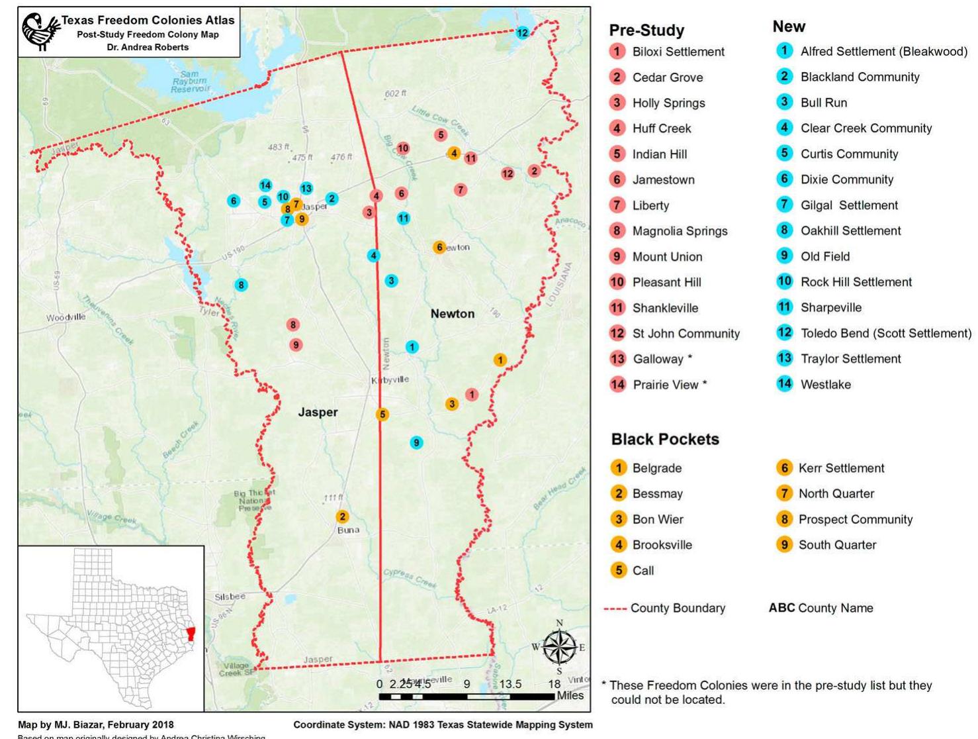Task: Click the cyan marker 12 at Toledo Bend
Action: click(522, 32)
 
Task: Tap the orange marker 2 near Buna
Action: click(342, 517)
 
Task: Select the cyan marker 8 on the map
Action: click(241, 285)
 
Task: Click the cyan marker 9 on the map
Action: click(416, 442)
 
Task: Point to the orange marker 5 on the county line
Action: click(382, 415)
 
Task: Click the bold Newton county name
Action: click(452, 314)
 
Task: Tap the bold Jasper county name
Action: click(318, 412)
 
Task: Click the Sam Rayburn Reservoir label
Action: click(189, 81)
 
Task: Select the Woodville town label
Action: click(66, 317)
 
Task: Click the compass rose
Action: click(559, 646)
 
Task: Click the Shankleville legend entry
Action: click(665, 308)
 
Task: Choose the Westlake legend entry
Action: click(825, 384)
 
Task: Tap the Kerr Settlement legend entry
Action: click(841, 468)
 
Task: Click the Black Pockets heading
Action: click(664, 439)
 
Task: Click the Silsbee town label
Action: click(230, 597)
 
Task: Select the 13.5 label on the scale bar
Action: click(510, 684)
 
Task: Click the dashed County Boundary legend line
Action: click(615, 608)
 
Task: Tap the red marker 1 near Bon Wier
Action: click(471, 395)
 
